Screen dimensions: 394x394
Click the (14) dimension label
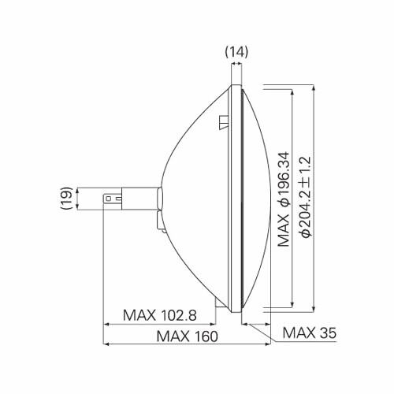[236, 52]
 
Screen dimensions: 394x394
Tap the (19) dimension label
[66, 198]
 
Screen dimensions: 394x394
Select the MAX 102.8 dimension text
[160, 315]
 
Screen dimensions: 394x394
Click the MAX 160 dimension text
[187, 336]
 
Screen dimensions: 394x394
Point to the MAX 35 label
[310, 333]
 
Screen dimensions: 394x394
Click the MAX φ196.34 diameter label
[284, 199]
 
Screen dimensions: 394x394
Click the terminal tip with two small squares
[113, 199]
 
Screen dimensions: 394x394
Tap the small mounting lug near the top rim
[224, 122]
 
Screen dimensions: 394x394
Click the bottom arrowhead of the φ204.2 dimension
[313, 308]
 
